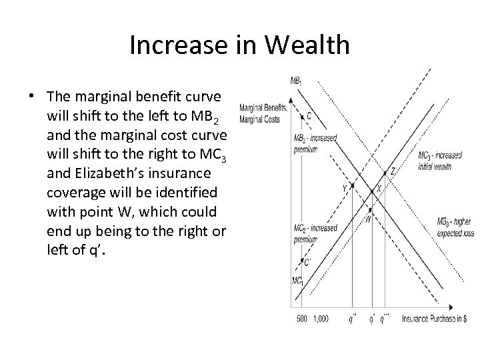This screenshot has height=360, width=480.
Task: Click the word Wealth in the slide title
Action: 306,45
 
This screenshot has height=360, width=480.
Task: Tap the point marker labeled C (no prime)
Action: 302,116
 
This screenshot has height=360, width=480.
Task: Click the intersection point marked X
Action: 372,191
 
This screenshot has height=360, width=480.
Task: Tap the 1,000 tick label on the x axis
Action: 320,319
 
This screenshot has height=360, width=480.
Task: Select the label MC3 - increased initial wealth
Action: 440,161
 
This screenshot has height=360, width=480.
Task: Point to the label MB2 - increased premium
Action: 315,143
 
